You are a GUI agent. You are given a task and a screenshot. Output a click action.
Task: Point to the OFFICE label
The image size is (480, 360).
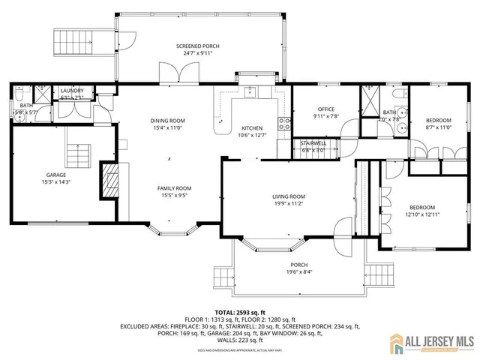pos(325,109)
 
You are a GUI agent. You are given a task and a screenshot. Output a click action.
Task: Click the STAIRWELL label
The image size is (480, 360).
pos(313,142)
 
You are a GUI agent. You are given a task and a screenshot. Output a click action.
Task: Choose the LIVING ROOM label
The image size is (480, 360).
pos(288,196)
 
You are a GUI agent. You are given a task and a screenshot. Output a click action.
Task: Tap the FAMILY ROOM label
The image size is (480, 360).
pos(174,188)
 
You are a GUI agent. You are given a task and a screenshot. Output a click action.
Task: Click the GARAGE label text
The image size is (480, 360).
pos(55,175)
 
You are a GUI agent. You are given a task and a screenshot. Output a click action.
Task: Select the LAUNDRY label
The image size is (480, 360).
pos(72,91)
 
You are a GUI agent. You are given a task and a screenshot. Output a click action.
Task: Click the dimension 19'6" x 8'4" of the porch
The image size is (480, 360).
pos(299,272)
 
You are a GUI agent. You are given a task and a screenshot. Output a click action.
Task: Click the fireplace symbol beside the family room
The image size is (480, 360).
pos(110,182)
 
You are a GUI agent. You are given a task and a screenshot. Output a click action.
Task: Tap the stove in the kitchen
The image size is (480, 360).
pos(284,124)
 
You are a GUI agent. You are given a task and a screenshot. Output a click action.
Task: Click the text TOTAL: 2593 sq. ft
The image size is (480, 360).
pos(239,311)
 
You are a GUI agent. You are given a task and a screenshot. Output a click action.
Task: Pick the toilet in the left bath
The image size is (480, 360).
pos(18,96)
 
